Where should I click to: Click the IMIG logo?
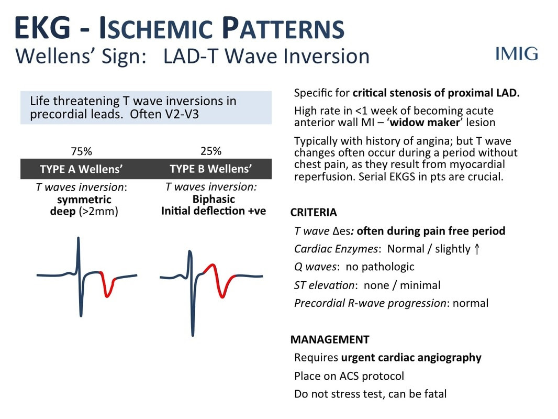pos(516,54)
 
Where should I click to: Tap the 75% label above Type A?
pos(81,151)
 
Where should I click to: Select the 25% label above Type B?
pos(210,151)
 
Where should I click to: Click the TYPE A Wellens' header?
pos(81,169)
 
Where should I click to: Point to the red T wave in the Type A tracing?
pos(107,285)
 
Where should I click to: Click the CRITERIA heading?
pos(314,212)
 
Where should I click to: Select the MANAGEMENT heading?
pos(330,339)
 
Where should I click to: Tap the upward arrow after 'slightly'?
pos(477,249)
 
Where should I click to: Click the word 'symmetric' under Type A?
pos(84,200)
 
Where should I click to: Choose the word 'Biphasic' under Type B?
pos(214,199)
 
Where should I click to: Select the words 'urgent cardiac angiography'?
pos(411,357)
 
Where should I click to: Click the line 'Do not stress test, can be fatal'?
pos(370,394)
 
